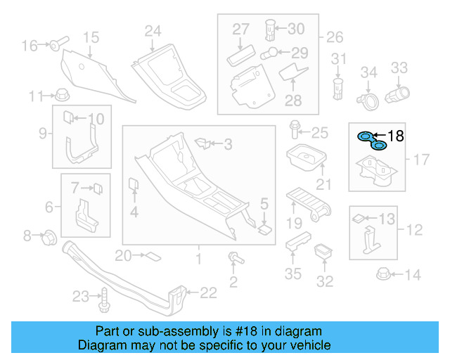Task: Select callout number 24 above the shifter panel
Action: tap(153, 31)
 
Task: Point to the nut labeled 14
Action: tap(385, 274)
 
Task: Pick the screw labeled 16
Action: tap(56, 46)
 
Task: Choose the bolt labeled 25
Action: tap(295, 131)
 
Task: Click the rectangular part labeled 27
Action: tap(242, 54)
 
